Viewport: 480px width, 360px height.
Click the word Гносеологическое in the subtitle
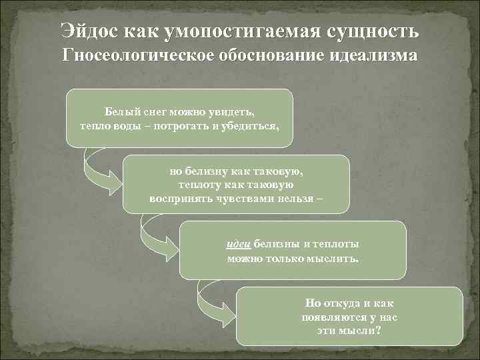[133, 55]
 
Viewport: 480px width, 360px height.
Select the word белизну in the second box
[209, 171]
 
